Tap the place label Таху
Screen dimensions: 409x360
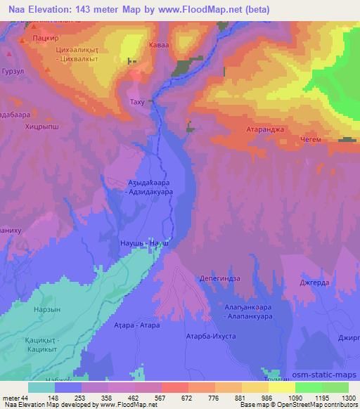[x=139, y=103]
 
